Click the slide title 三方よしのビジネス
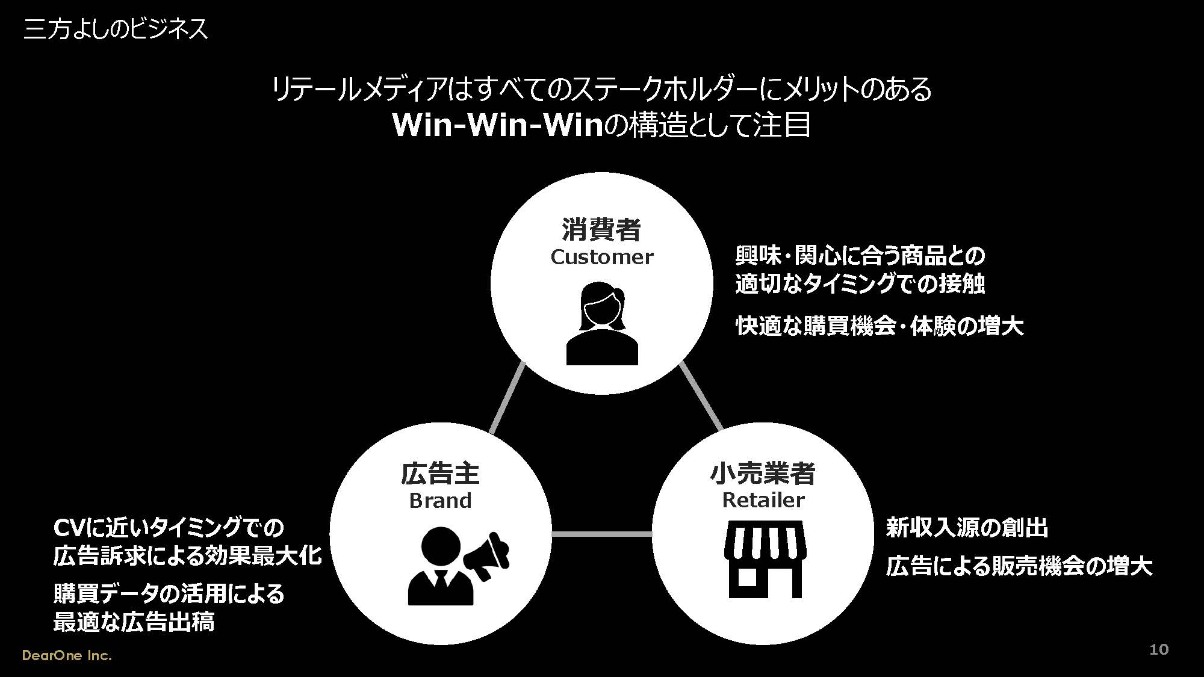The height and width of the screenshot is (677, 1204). pos(116,28)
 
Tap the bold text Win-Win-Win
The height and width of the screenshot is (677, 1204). pos(498,125)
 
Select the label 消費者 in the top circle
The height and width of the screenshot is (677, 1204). pos(601,229)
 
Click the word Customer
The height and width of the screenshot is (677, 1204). pos(601,257)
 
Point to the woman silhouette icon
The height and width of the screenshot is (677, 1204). pos(602,323)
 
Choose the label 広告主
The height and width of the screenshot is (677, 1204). pos(440,474)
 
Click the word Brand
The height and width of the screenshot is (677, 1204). pos(440,501)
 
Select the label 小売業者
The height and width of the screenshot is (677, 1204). pos(763,474)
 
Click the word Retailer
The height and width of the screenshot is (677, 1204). pos(763,500)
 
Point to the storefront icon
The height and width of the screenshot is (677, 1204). pos(765,559)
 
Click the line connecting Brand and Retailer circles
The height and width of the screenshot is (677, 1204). pos(602,534)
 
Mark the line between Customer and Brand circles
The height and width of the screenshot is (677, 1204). pos(507,397)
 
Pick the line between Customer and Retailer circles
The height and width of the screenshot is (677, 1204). pos(701,397)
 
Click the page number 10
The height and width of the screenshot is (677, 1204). pos(1159,649)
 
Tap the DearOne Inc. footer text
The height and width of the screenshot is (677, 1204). pos(67,655)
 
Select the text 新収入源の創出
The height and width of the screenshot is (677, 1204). pos(967,528)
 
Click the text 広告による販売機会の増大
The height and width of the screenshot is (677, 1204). pos(1019,566)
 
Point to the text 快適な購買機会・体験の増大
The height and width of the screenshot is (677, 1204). pos(880,326)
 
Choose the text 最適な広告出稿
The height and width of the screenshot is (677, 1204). pos(134,622)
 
